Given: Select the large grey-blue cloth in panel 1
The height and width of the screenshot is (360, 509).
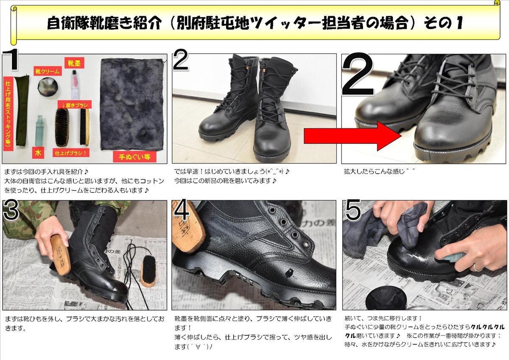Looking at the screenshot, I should click(131, 104).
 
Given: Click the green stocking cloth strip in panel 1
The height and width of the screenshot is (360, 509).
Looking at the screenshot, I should click(21, 110).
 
